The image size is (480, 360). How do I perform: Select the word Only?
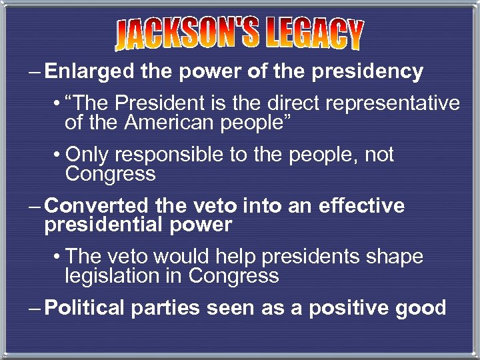[89, 155]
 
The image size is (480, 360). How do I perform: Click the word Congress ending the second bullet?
[110, 174]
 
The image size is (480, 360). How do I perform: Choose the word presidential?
[103, 225]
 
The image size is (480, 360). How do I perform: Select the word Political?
[85, 308]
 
